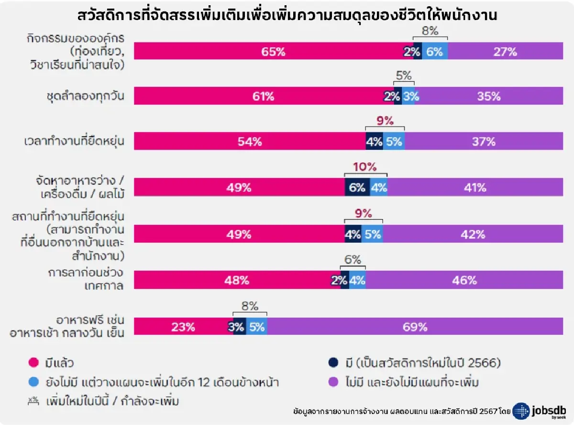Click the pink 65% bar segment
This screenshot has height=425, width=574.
[x=268, y=52]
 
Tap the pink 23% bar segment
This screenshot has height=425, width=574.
[x=183, y=327]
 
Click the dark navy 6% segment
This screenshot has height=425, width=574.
[x=357, y=188]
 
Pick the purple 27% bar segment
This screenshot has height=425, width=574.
[x=506, y=52]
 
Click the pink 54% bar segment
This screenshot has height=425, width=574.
[x=250, y=142]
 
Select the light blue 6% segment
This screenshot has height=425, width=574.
[x=435, y=52]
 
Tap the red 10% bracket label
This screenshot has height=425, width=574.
[x=365, y=167]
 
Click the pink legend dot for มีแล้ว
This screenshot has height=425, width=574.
[x=33, y=363]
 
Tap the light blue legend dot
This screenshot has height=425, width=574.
[x=33, y=382]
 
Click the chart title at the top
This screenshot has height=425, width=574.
[x=287, y=15]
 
